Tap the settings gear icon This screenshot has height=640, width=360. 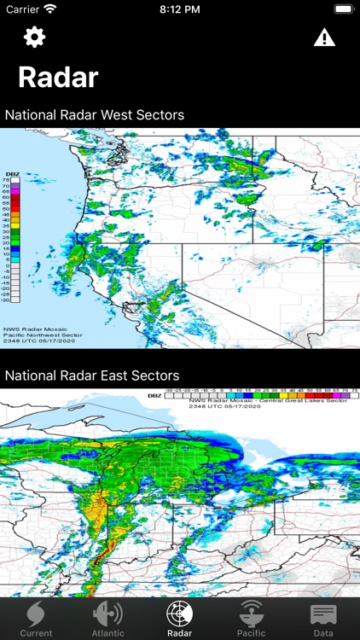(x=34, y=38)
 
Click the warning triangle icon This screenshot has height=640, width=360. (x=324, y=38)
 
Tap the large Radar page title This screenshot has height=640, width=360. (x=58, y=78)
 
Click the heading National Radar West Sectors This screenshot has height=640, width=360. (x=95, y=114)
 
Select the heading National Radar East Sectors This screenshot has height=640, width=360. (x=92, y=375)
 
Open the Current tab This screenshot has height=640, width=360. (x=36, y=620)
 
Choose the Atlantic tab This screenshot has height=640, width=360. (x=107, y=620)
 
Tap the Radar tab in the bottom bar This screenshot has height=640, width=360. (x=180, y=620)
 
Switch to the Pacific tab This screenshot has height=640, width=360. (x=252, y=620)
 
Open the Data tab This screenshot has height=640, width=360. (x=323, y=620)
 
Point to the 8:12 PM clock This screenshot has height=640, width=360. (x=179, y=9)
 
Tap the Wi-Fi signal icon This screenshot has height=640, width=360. (x=50, y=9)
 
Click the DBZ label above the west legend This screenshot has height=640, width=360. (x=11, y=173)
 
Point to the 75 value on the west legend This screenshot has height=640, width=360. (x=7, y=180)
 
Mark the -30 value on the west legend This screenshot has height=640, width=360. (x=8, y=300)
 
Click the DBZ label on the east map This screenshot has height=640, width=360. (x=153, y=395)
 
